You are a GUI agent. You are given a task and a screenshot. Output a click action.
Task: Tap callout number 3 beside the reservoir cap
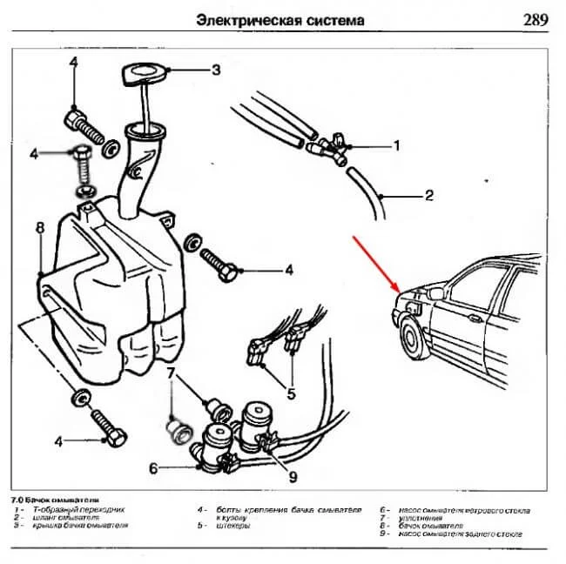(x=216, y=69)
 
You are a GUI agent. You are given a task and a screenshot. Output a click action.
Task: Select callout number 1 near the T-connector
(x=396, y=145)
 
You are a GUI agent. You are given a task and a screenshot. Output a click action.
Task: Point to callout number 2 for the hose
(x=428, y=196)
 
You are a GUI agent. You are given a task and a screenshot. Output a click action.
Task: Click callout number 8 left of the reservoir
(x=39, y=228)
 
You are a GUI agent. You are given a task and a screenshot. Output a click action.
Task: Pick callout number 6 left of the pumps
(x=153, y=468)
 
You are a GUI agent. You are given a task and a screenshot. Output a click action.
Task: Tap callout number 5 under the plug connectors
(x=291, y=393)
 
